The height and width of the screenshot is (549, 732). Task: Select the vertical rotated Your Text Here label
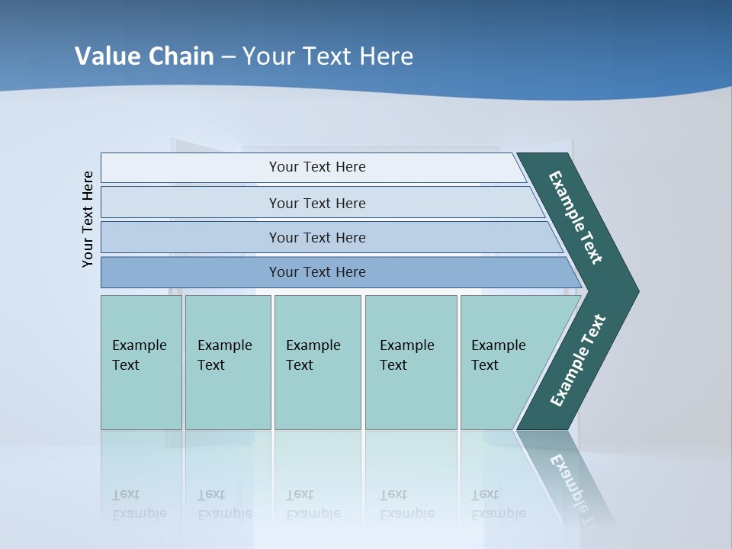[88, 219]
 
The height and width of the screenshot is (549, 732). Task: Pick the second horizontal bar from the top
[316, 203]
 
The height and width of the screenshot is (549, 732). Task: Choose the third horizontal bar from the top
[316, 237]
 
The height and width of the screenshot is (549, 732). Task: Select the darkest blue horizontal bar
[316, 272]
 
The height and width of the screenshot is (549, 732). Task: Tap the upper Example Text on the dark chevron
[576, 217]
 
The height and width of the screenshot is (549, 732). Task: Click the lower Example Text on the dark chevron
[577, 361]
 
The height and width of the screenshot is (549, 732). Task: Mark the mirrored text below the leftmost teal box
[139, 504]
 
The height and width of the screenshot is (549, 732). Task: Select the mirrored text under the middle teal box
[313, 504]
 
